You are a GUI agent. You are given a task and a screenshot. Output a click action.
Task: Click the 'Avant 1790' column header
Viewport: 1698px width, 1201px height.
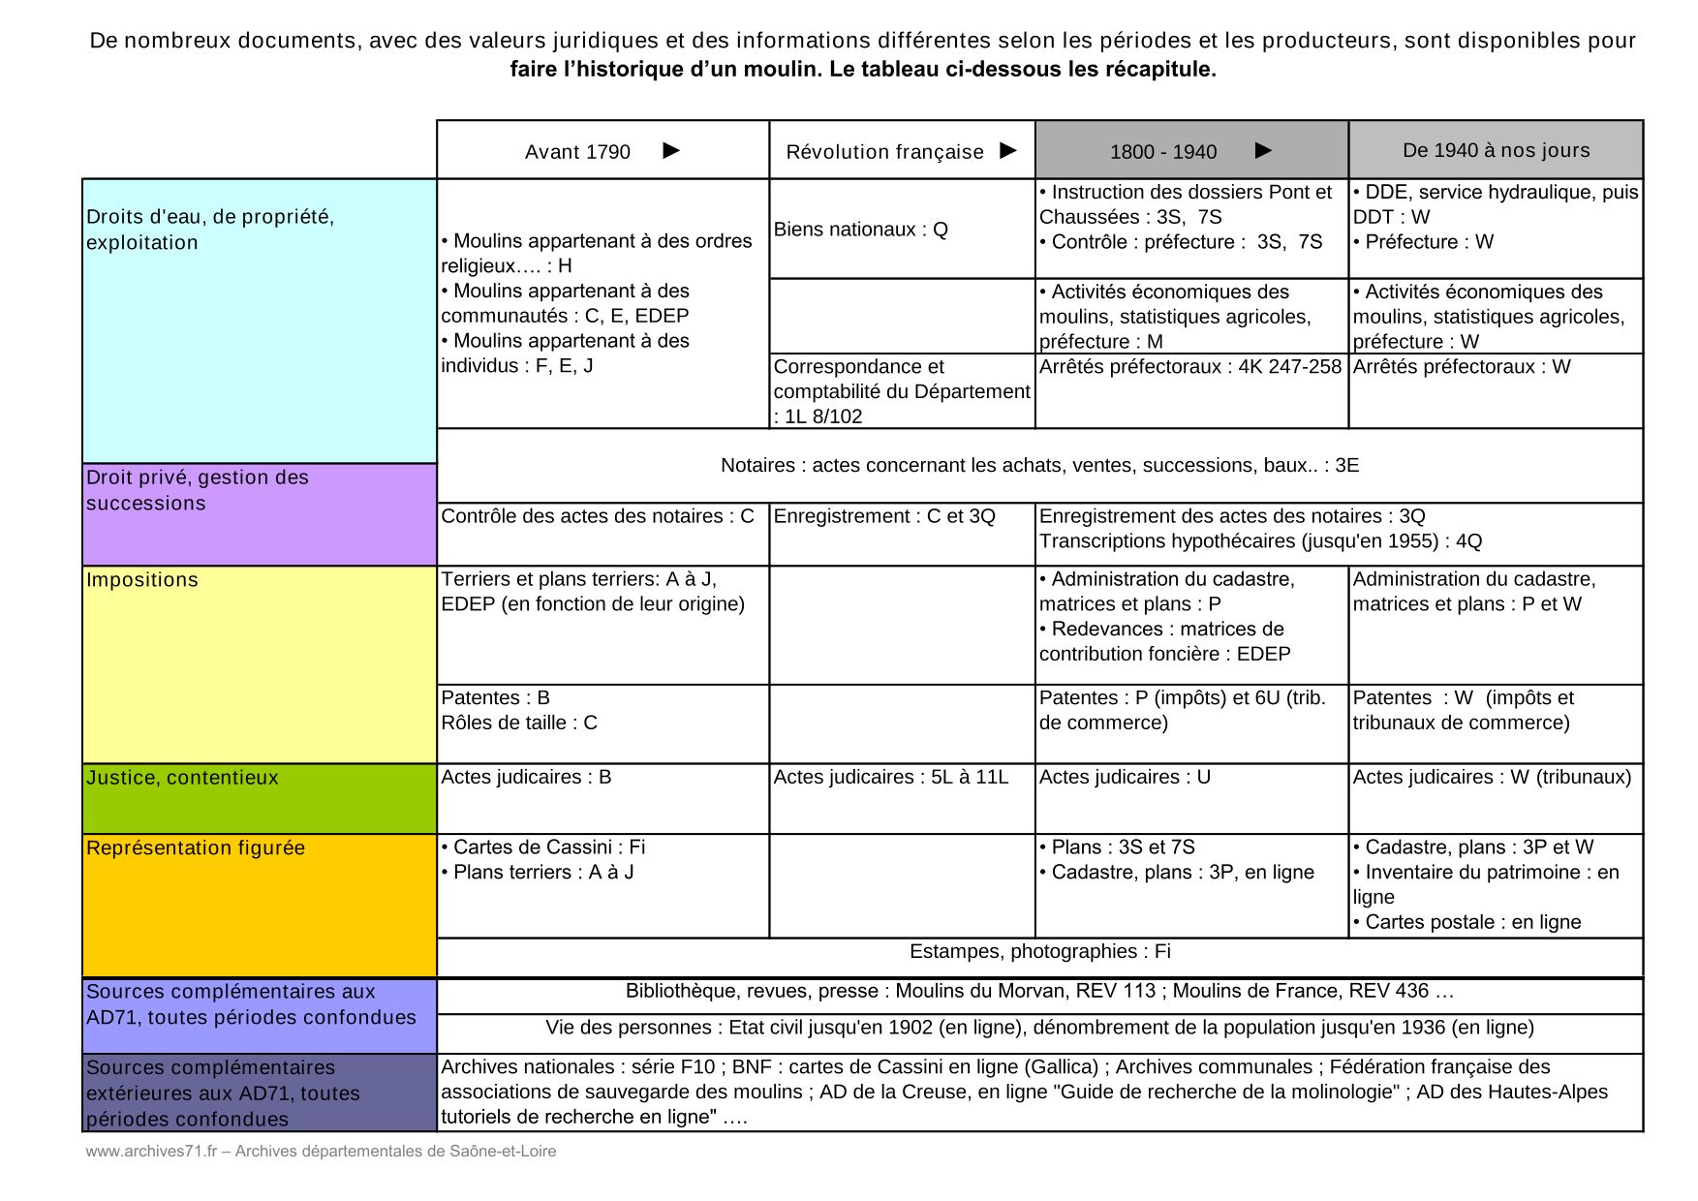pos(577,152)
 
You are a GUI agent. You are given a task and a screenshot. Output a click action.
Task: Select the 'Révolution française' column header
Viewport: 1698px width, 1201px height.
pos(884,152)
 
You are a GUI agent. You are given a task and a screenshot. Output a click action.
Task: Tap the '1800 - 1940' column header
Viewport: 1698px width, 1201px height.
pos(1163,152)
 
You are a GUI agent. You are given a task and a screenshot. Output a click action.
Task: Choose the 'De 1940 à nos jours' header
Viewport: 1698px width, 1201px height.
pos(1496,150)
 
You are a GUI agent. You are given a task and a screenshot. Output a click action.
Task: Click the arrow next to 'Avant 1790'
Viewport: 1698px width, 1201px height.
pos(671,150)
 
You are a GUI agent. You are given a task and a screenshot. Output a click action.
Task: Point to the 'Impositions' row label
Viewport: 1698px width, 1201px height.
pos(142,580)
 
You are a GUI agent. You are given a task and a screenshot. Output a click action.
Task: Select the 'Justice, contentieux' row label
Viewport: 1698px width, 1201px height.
pos(182,778)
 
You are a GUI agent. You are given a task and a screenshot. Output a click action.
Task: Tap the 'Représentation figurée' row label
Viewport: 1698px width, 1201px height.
pos(196,848)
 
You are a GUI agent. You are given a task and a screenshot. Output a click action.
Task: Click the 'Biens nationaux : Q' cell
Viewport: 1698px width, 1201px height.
pos(860,230)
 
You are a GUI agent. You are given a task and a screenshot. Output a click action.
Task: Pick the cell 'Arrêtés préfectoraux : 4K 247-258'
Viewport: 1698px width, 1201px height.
pos(1189,367)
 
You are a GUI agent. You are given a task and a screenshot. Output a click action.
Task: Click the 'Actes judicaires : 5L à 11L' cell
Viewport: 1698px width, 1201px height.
pos(890,777)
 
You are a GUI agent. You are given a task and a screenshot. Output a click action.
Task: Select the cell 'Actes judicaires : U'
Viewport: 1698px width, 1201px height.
pos(1125,777)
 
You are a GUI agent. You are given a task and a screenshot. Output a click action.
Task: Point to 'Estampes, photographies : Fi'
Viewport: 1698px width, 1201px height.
pos(1039,952)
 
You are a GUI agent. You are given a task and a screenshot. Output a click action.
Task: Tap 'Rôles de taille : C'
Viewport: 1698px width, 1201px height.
pos(519,723)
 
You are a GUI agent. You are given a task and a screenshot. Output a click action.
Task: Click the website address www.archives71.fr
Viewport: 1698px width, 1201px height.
pos(150,1152)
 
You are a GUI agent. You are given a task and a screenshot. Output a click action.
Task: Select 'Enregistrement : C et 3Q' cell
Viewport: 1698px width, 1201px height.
pos(883,516)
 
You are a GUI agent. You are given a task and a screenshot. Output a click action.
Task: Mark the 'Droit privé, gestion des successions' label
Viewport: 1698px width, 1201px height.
pos(198,490)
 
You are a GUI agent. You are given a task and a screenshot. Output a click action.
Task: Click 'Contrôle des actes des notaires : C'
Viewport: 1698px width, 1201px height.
pos(597,516)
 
